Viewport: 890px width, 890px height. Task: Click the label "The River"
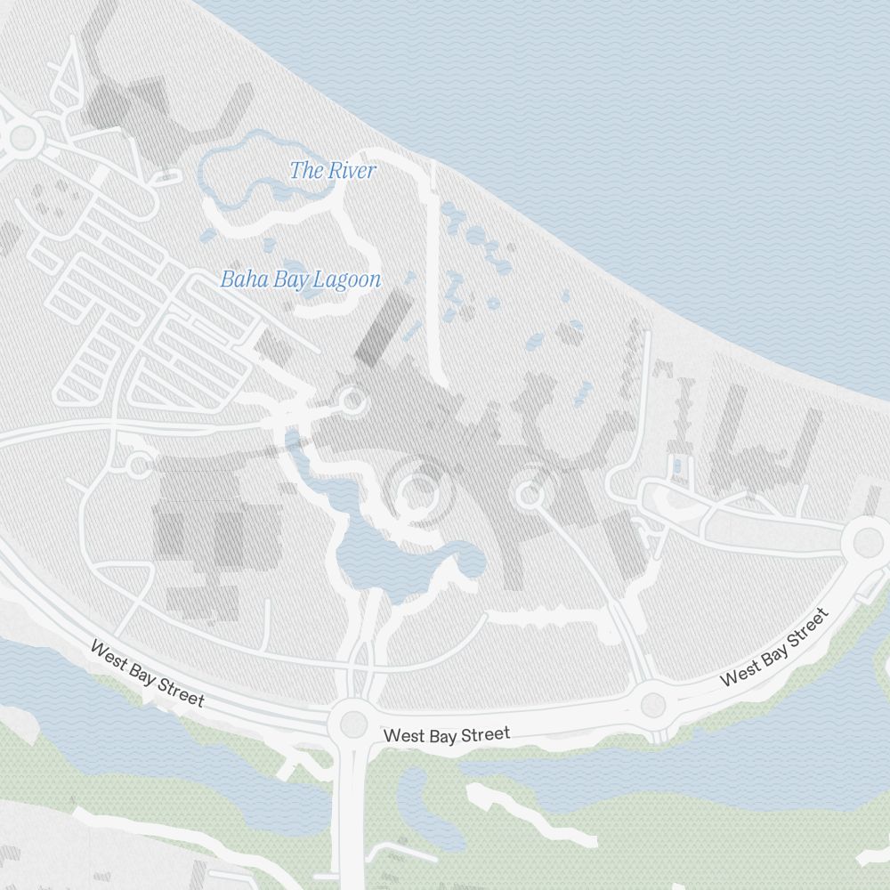(x=333, y=171)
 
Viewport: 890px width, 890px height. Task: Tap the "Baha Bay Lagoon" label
(x=301, y=279)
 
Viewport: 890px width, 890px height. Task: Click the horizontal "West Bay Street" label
(x=447, y=735)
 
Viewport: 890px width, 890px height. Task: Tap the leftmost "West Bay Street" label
(x=147, y=674)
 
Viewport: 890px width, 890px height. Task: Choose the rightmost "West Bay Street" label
(x=774, y=647)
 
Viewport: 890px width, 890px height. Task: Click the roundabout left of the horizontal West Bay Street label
(x=352, y=724)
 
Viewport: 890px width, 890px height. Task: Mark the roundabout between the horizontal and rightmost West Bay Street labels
(x=653, y=705)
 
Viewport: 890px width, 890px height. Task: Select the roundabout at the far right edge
(x=868, y=540)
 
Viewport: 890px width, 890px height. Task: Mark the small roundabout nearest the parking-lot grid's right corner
(x=352, y=400)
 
